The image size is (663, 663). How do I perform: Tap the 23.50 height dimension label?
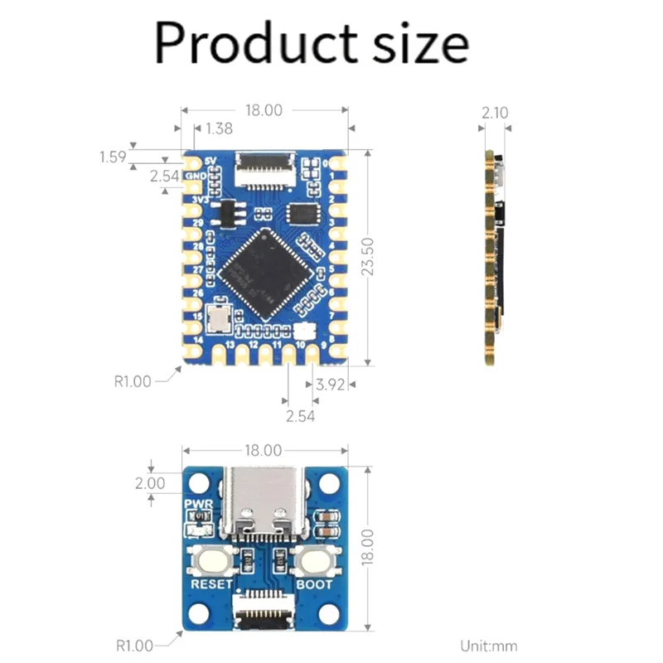pyautogui.click(x=370, y=257)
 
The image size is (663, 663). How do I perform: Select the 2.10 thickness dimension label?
pyautogui.click(x=495, y=113)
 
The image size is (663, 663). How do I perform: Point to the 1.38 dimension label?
pyautogui.click(x=217, y=128)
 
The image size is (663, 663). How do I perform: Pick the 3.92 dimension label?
pyautogui.click(x=331, y=384)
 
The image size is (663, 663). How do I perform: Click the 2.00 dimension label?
pyautogui.click(x=151, y=483)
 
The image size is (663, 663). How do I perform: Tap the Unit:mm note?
pyautogui.click(x=489, y=646)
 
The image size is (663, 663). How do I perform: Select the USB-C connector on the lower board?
pyautogui.click(x=264, y=505)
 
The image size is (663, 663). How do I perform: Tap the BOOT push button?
pyautogui.click(x=314, y=563)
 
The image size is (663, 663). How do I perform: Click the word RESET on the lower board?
pyautogui.click(x=212, y=584)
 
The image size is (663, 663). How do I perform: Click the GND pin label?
pyautogui.click(x=195, y=176)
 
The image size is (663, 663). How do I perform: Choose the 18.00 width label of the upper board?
pyautogui.click(x=263, y=109)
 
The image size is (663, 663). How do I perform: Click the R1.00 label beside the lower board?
pyautogui.click(x=133, y=646)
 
